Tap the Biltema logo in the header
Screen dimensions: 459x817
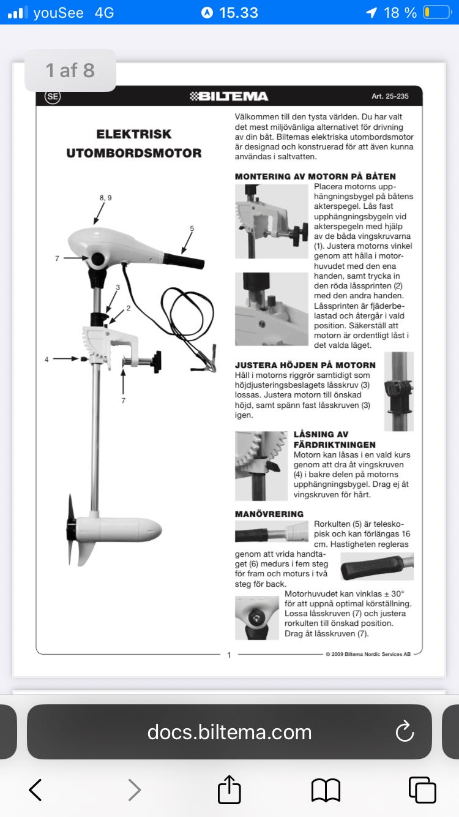coord(229,96)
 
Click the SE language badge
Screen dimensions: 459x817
coord(53,96)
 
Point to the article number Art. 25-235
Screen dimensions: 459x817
coord(390,96)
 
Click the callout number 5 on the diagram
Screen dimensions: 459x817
coord(192,228)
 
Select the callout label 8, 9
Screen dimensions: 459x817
coord(105,198)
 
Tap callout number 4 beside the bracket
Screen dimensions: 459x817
coord(47,360)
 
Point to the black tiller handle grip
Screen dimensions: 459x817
coord(184,261)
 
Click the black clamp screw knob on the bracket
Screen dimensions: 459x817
coord(157,361)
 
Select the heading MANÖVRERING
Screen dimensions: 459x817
coord(269,514)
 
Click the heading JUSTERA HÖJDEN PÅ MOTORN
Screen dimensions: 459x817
coord(305,365)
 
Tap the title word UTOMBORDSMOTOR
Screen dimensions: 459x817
coord(134,153)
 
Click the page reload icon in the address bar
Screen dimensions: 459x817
coord(405,732)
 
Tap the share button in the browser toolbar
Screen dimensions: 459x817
coord(229,789)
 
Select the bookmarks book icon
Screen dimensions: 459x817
coord(326,791)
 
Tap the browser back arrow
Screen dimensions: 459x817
coord(35,790)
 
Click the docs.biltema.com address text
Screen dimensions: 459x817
coord(229,732)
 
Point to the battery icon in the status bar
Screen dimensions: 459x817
coord(437,13)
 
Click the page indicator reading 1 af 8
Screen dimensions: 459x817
coord(70,70)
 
